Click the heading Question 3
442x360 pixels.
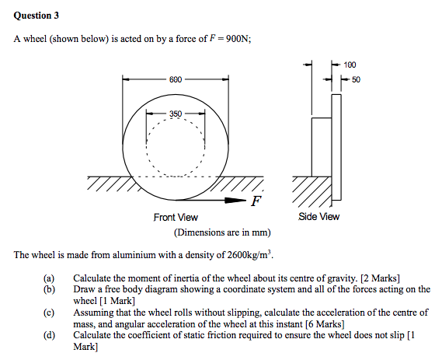tap(36, 16)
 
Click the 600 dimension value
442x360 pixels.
tap(176, 79)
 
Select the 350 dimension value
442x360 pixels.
tap(175, 114)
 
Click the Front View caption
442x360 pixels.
tap(176, 217)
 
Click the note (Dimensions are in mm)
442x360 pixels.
tap(221, 232)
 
